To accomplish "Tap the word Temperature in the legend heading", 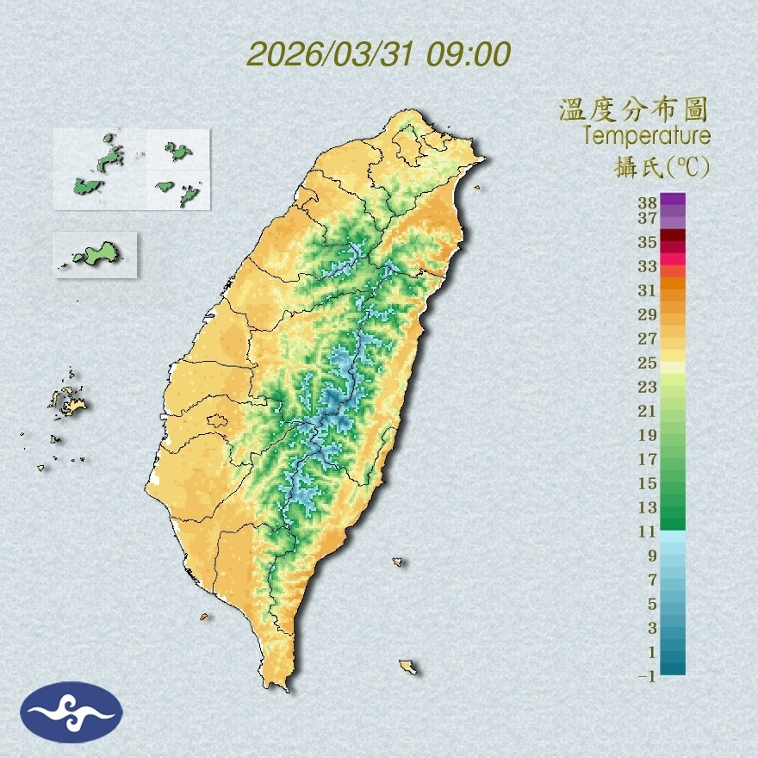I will (x=647, y=135).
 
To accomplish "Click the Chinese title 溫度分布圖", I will (x=633, y=110).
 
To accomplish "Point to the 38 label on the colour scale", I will (x=647, y=202).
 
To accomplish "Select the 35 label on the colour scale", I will (x=647, y=242).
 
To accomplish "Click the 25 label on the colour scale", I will (x=647, y=362).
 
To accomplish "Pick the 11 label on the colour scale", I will (x=647, y=531).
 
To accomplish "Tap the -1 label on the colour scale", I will (x=647, y=677).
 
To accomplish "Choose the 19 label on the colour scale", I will (x=647, y=434).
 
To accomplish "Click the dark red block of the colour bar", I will (x=673, y=235).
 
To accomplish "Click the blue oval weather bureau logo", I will (x=72, y=712).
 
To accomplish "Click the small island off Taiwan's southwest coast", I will (x=204, y=616).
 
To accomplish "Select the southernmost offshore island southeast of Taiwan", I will (x=407, y=666).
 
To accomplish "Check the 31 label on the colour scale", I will (x=647, y=289).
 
